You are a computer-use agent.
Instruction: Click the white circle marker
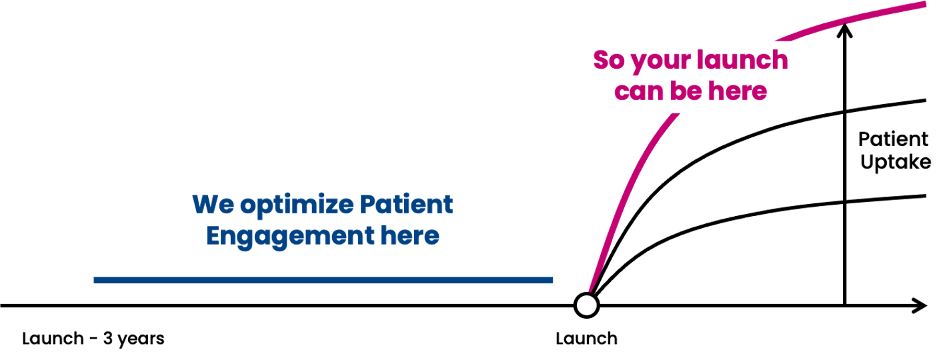(586, 305)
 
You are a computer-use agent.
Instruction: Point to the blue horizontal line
(323, 281)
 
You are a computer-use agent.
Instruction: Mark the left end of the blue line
(95, 281)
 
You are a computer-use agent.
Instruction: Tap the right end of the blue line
(552, 281)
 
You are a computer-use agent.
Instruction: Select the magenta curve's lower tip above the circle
(590, 289)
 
